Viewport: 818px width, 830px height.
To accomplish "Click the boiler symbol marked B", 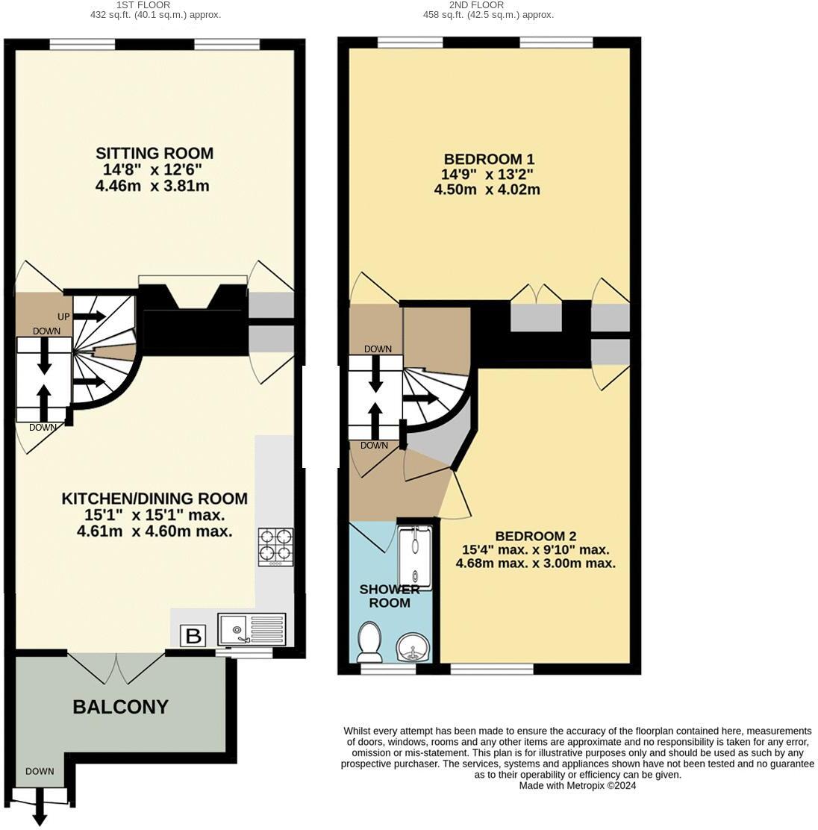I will click(193, 636).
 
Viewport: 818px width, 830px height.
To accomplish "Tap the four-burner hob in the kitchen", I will click(275, 546).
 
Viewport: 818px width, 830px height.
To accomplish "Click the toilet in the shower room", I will click(369, 642).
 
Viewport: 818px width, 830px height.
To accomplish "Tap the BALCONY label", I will click(120, 707).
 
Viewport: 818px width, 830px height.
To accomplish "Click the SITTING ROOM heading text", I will click(154, 153).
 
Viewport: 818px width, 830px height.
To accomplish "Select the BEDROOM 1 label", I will click(489, 159).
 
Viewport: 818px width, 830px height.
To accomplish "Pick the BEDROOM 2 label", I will click(535, 536).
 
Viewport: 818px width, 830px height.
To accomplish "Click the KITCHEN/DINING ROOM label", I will click(154, 499).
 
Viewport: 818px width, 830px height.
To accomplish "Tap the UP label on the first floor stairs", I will click(63, 317).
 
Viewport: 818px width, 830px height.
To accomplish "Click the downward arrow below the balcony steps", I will click(40, 815).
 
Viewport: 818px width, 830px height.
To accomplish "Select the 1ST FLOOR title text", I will click(154, 4).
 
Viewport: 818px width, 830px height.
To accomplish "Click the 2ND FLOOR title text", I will click(487, 4).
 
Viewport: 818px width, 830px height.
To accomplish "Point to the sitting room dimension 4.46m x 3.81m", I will click(152, 186).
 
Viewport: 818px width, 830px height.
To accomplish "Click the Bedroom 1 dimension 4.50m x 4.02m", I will click(487, 190).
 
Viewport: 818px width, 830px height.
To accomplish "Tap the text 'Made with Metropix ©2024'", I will click(577, 785).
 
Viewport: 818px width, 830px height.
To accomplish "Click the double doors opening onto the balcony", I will click(116, 667).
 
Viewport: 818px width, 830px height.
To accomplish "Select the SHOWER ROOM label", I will click(390, 596).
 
